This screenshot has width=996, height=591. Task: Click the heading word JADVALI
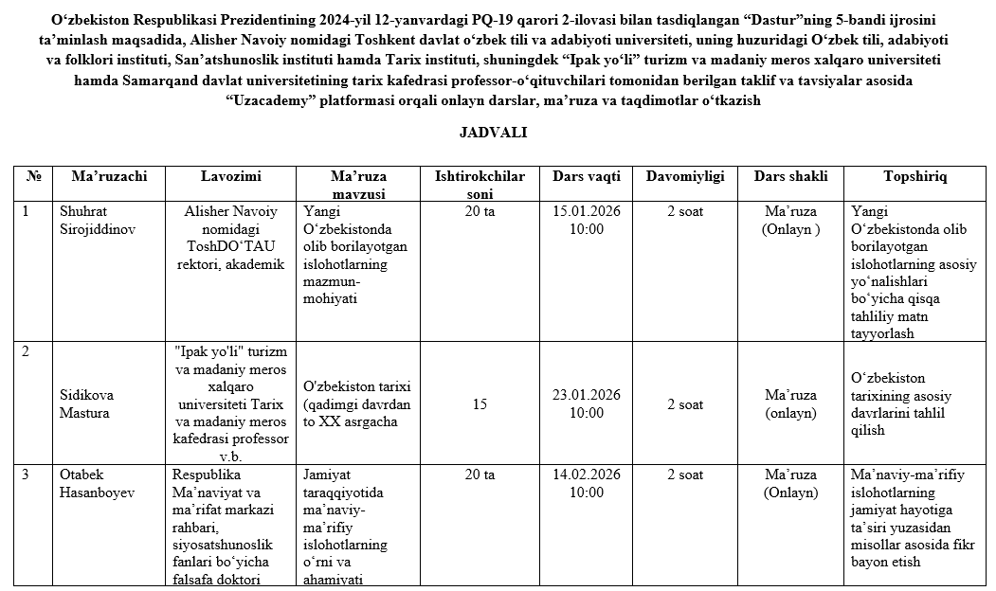493,133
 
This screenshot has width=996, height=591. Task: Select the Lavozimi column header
231,176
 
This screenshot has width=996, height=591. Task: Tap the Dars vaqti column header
587,176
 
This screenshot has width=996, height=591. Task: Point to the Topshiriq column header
915,176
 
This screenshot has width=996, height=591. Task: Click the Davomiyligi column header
685,176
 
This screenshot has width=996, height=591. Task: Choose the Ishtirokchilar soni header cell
480,185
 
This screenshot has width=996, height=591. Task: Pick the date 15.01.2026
587,211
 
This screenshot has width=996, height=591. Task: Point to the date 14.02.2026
587,475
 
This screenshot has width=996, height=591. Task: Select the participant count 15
480,404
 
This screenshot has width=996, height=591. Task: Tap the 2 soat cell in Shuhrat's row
685,211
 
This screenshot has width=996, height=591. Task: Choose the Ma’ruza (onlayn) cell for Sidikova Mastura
790,404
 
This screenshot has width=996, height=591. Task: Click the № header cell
33,176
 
